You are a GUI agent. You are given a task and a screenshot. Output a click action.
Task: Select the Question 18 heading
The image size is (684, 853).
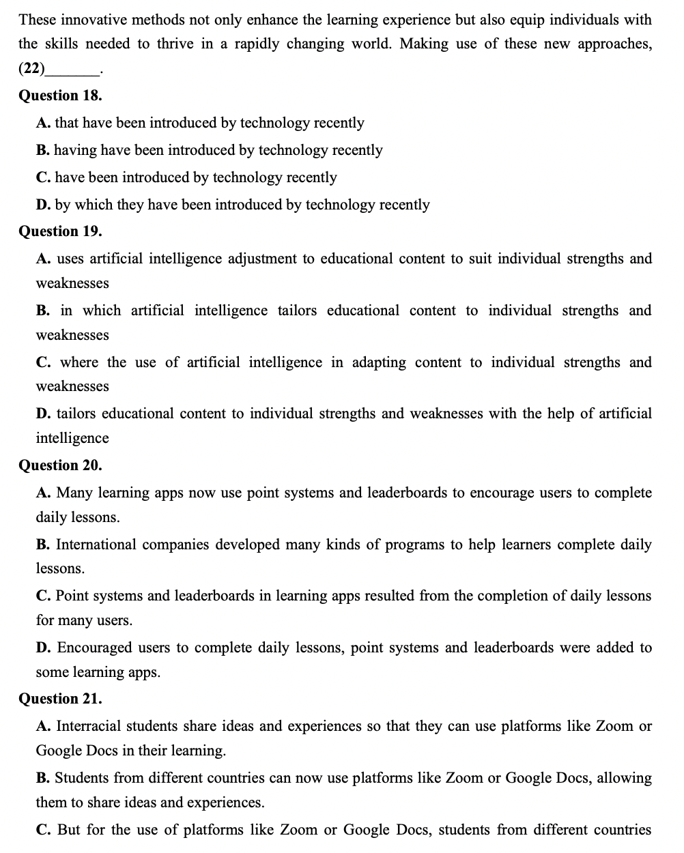[x=60, y=95]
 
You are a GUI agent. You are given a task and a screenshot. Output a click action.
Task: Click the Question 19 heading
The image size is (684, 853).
[x=60, y=231]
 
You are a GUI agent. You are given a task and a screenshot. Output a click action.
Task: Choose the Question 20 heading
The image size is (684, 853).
[x=60, y=465]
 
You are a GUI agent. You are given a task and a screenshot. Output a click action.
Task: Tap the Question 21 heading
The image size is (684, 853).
[x=60, y=699]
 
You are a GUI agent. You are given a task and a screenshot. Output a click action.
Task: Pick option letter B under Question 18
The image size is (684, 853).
[x=42, y=150]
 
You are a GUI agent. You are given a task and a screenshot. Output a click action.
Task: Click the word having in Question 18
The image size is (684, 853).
[x=75, y=150]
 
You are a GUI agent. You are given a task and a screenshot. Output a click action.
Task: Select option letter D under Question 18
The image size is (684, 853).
[x=42, y=205]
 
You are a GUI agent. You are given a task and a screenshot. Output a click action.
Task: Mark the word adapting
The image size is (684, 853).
[x=379, y=362]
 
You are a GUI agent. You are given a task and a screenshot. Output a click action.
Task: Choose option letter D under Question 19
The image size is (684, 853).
[x=42, y=414]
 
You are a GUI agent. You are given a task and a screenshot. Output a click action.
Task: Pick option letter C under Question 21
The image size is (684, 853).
[x=42, y=830]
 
